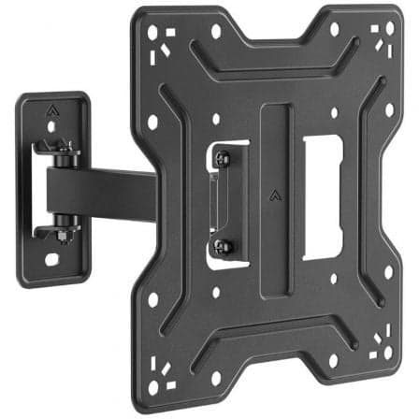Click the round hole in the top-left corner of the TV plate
click(x=152, y=31)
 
